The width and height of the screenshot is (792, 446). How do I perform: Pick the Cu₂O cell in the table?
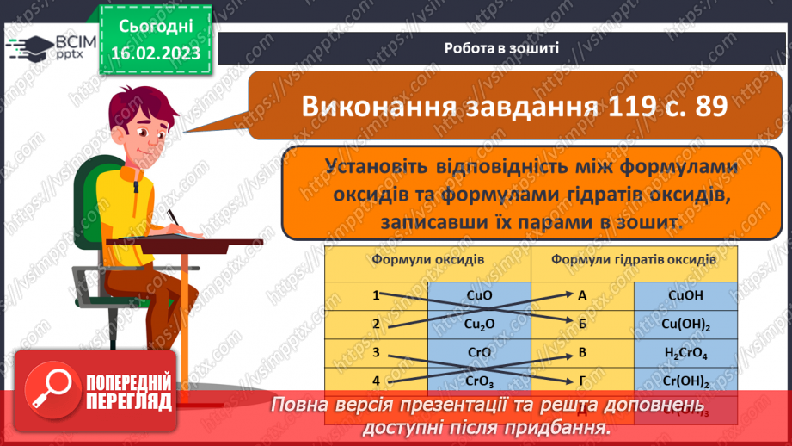click(478, 324)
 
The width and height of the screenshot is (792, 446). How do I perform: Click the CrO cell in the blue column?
click(478, 352)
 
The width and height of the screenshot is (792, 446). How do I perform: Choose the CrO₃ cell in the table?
click(478, 380)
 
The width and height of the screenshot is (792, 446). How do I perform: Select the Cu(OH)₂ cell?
click(685, 324)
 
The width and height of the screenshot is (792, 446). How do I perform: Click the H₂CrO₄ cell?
click(685, 352)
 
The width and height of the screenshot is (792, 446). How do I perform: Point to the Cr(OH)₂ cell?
click(685, 380)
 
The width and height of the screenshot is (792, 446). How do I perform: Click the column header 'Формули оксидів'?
click(427, 259)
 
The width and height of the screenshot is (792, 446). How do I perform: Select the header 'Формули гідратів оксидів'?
click(634, 259)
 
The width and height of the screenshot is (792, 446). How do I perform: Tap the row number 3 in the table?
click(376, 352)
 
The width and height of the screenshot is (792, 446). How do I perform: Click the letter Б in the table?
click(582, 324)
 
